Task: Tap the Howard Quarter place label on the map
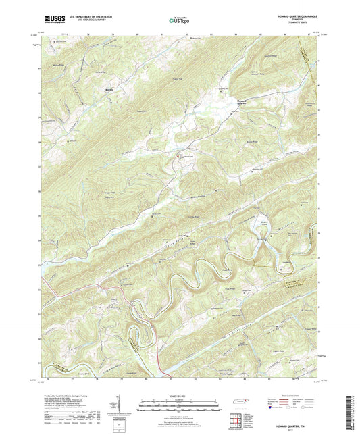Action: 244,103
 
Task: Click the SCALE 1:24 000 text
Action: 179,395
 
